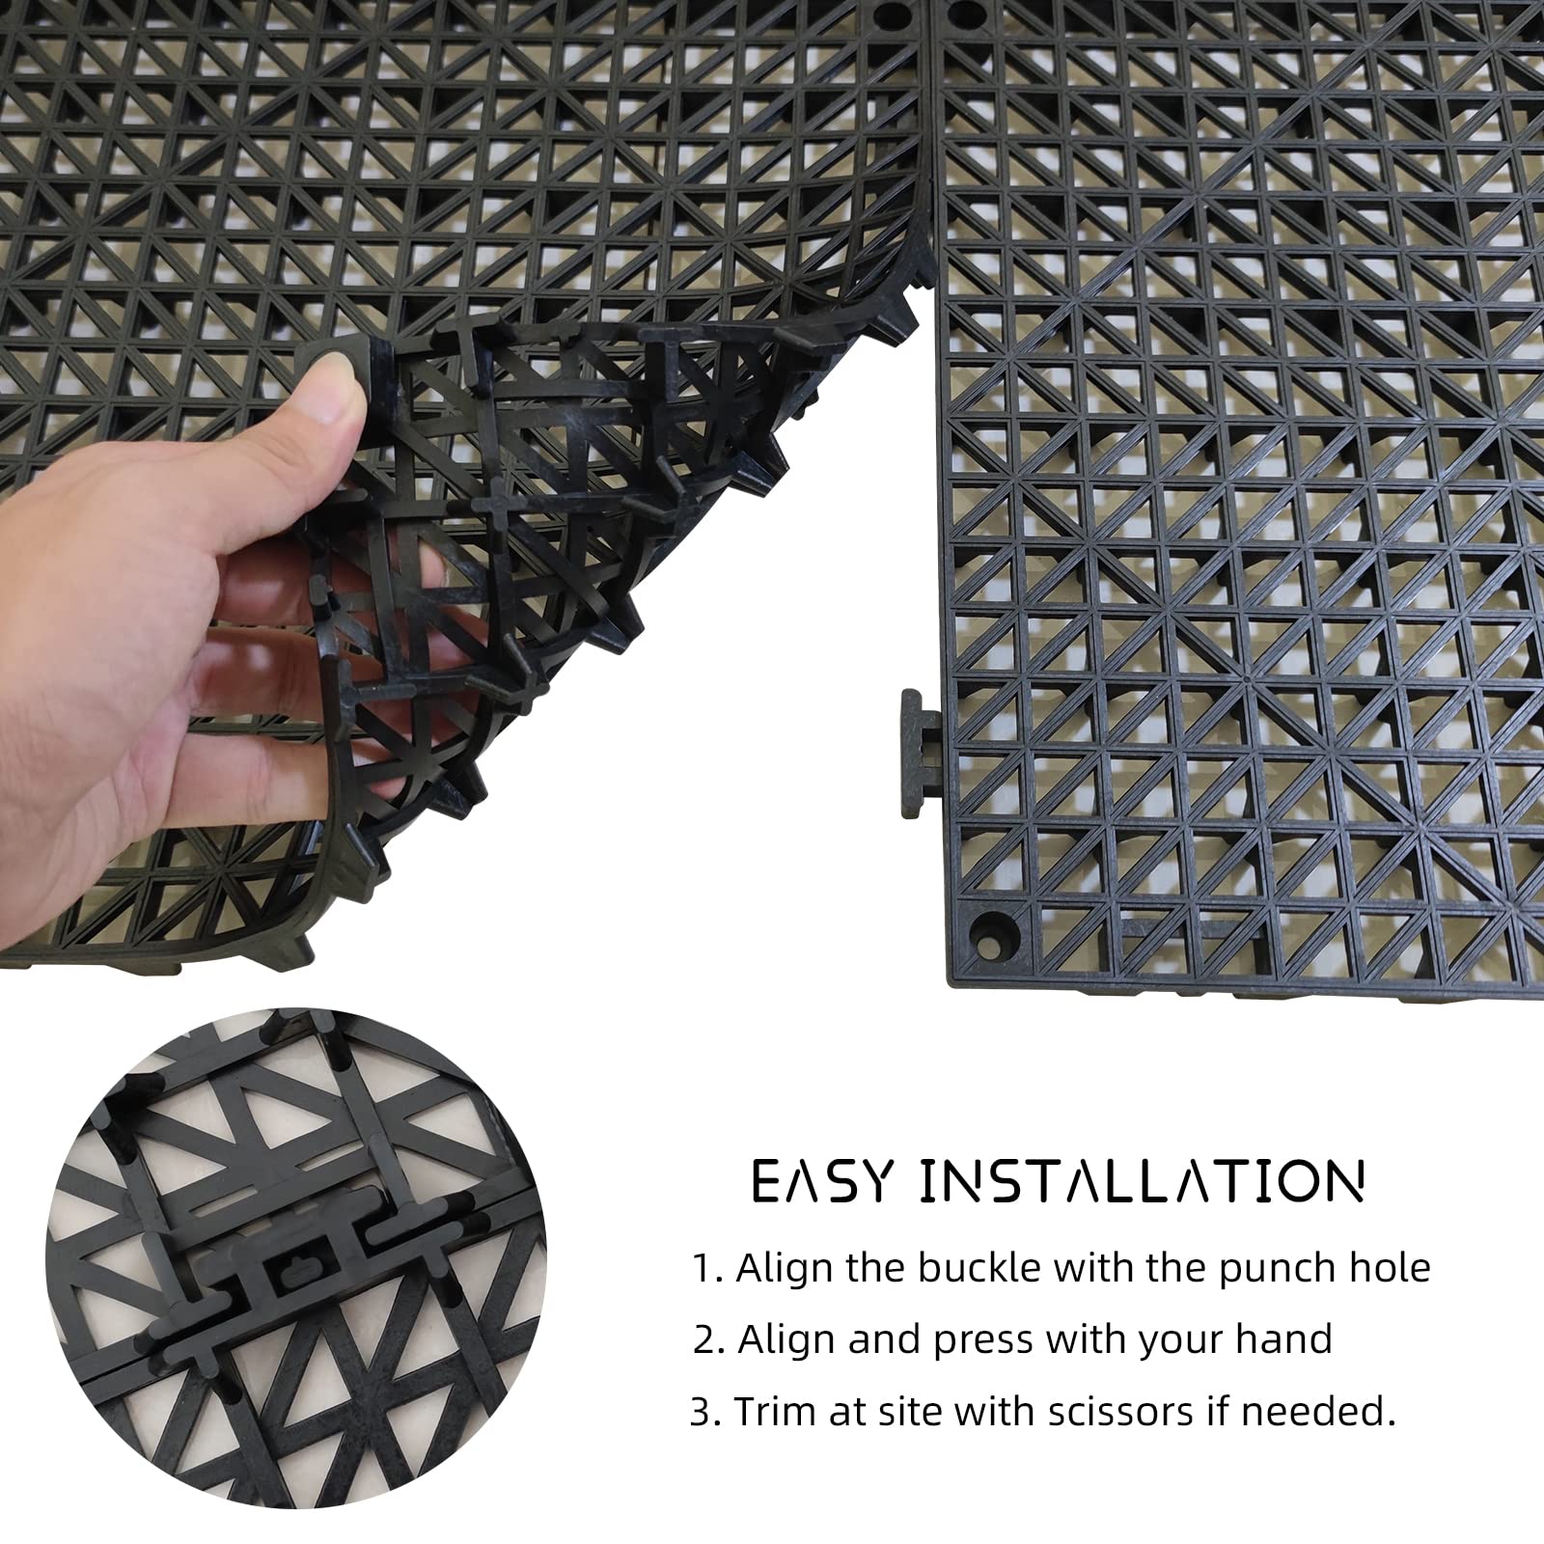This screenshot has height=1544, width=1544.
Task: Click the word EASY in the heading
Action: coord(819,1182)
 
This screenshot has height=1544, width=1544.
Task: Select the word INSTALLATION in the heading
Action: coord(1143,1182)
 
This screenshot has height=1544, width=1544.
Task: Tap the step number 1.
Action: coord(703,1268)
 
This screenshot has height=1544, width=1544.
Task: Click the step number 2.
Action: coord(706,1339)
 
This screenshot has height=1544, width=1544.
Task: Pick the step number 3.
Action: coord(703,1412)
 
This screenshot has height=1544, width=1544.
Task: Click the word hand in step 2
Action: coord(1283,1339)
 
